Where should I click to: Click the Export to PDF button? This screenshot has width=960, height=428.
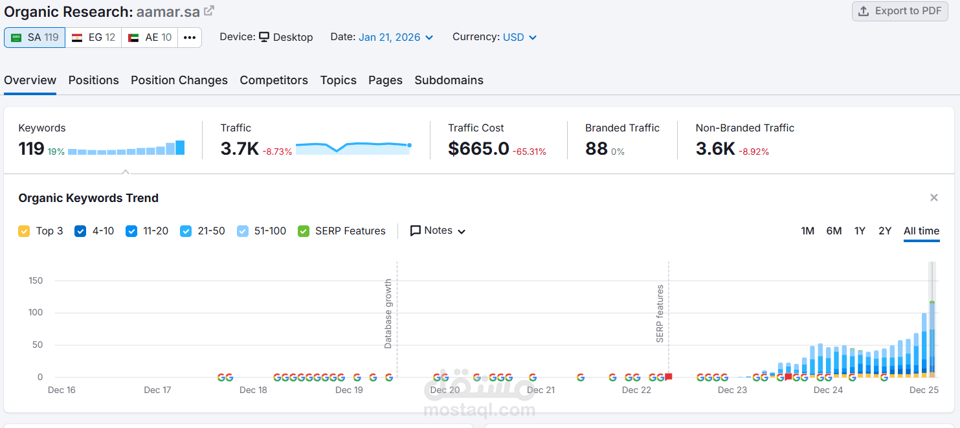click(x=899, y=11)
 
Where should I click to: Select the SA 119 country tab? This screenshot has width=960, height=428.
click(x=35, y=38)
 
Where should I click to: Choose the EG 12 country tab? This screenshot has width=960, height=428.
click(x=94, y=38)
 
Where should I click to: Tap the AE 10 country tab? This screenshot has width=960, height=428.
click(x=150, y=38)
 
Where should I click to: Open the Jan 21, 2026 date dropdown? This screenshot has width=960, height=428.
click(x=396, y=38)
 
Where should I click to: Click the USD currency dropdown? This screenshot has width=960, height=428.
click(x=520, y=38)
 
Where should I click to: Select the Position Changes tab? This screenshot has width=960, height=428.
click(x=179, y=80)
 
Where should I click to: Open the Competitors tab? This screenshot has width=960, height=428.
click(x=274, y=80)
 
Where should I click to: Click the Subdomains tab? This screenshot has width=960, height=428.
click(x=449, y=80)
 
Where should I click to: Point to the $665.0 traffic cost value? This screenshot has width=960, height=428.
click(x=478, y=149)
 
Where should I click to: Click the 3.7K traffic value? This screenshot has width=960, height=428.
click(x=240, y=149)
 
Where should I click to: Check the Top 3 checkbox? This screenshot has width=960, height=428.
click(x=24, y=231)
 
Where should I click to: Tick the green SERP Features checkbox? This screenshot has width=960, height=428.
click(x=304, y=231)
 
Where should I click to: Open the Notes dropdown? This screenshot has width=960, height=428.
click(x=438, y=231)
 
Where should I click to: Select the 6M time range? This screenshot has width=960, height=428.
click(x=834, y=231)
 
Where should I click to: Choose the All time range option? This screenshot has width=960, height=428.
click(x=921, y=231)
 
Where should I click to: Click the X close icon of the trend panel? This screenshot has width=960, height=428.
click(x=933, y=197)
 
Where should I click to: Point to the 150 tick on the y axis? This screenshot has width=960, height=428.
click(x=36, y=280)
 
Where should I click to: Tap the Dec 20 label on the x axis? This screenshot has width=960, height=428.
click(x=445, y=390)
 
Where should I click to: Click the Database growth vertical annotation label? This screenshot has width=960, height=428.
click(x=388, y=314)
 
